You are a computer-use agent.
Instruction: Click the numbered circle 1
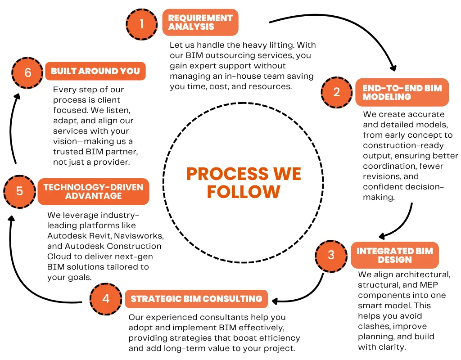tap(142, 23)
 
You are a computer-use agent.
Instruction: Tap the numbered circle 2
tap(337, 92)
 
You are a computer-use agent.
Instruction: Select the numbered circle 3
tap(331, 255)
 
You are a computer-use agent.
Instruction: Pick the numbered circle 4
tap(106, 299)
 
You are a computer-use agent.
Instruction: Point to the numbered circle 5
tap(19, 191)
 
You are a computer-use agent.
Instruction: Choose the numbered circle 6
tap(27, 72)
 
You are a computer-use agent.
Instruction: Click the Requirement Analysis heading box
tap(200, 22)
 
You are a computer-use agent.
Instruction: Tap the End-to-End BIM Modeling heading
tap(402, 92)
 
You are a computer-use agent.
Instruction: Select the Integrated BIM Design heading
tap(394, 255)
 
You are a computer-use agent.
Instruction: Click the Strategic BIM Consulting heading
tap(196, 299)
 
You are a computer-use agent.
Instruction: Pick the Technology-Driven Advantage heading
tap(93, 191)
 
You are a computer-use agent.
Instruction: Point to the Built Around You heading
tap(95, 71)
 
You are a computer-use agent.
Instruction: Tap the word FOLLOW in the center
tap(244, 192)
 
